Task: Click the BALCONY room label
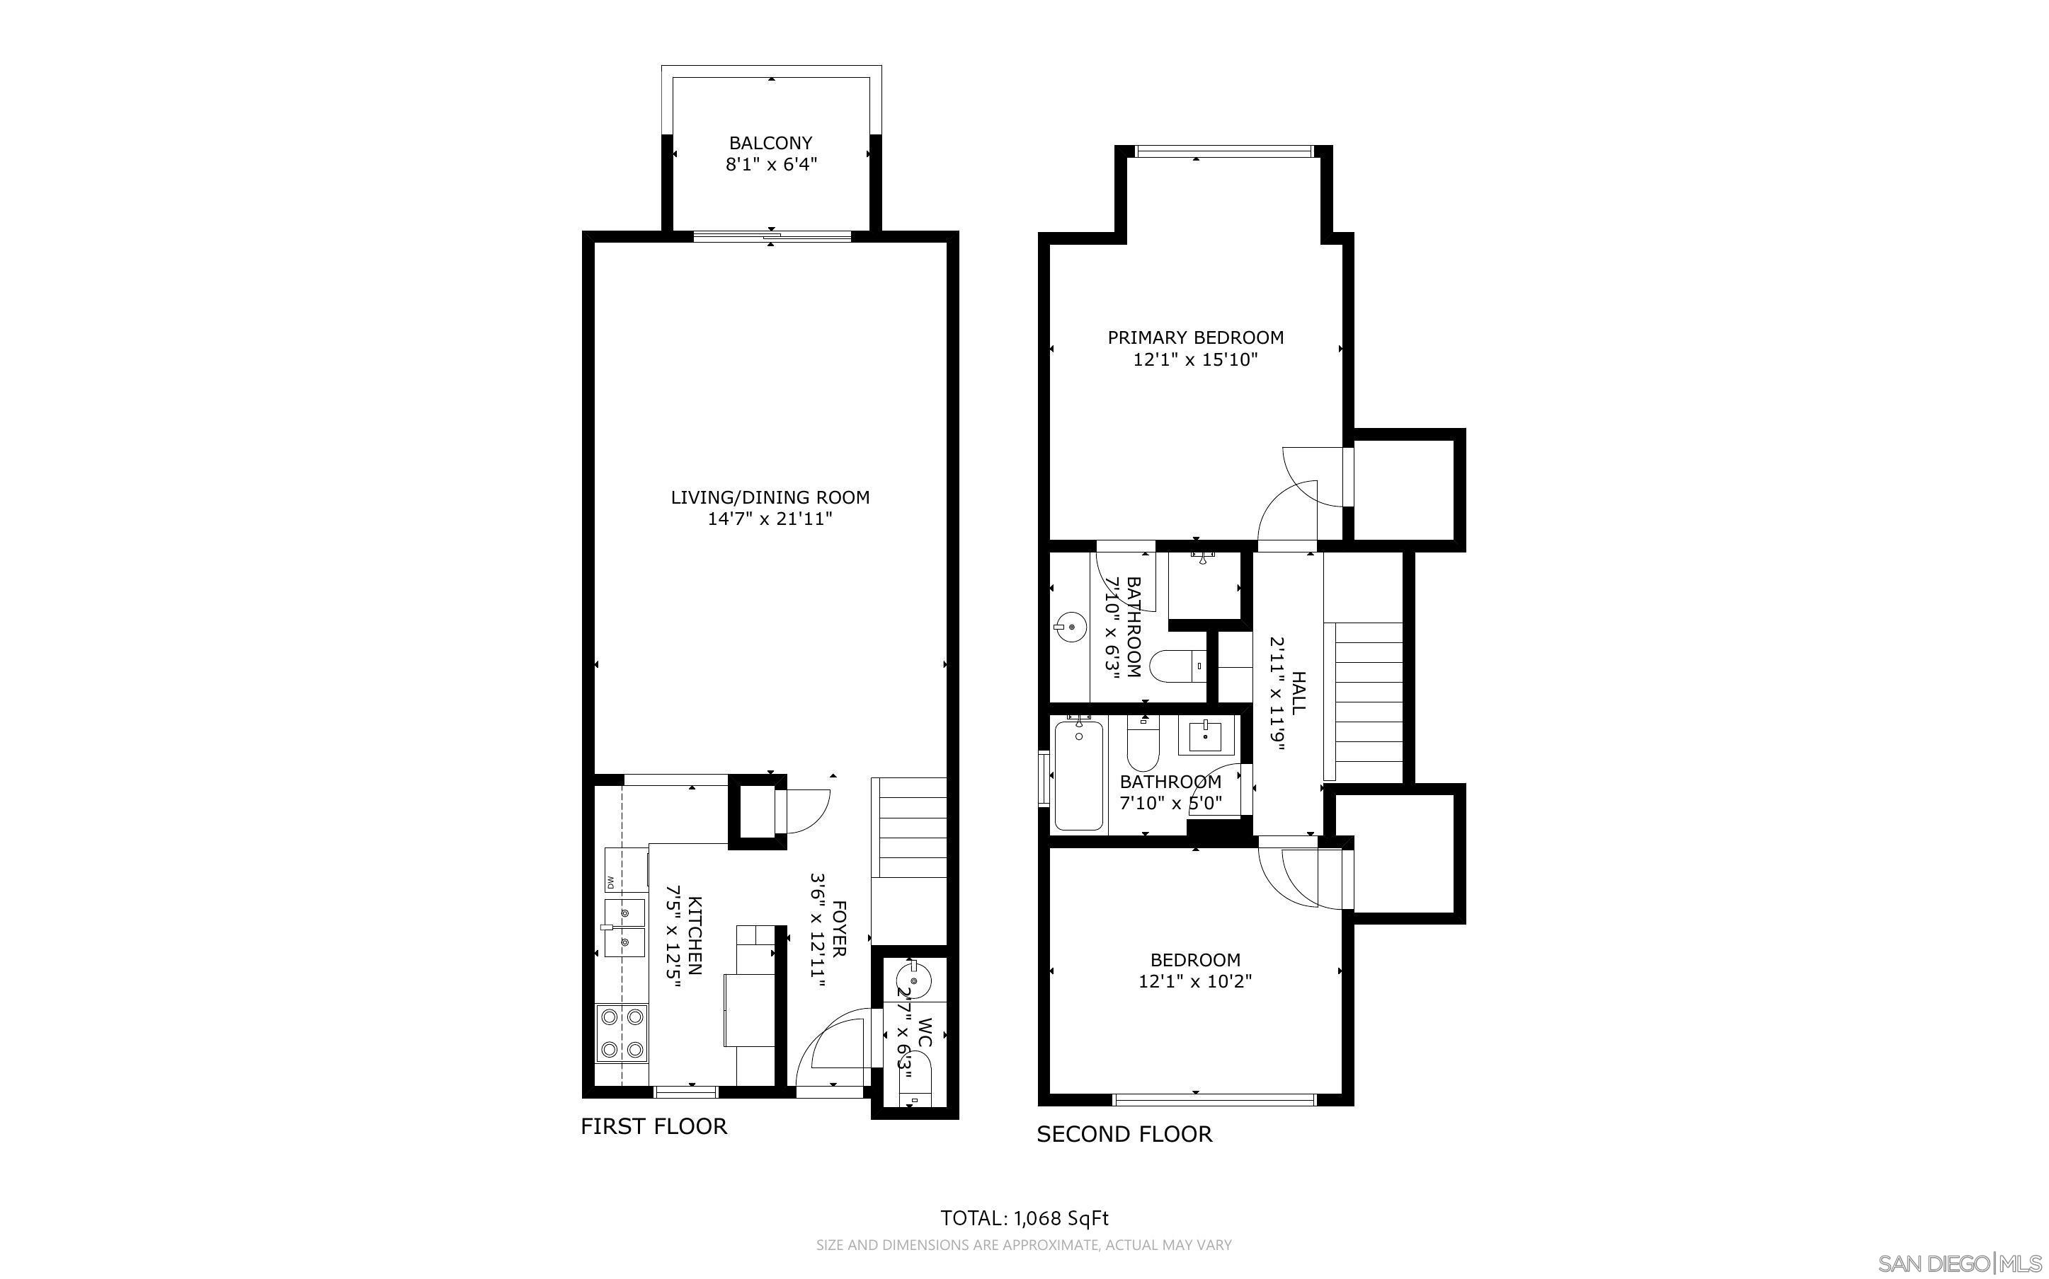point(770,143)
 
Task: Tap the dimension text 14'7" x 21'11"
point(770,519)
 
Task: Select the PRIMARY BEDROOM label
point(1195,337)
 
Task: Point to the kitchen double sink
point(625,927)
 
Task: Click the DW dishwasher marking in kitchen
point(610,883)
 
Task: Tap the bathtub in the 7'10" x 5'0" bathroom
point(1078,774)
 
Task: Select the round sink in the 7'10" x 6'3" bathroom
point(1069,627)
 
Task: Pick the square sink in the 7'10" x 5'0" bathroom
point(1204,737)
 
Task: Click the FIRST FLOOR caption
point(653,1127)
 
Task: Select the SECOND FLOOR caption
point(1124,1135)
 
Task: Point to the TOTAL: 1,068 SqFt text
point(1024,1218)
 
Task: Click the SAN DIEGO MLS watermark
point(1960,1263)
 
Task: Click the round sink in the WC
point(911,983)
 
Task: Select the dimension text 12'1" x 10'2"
point(1195,981)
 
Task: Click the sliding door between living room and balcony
point(771,237)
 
